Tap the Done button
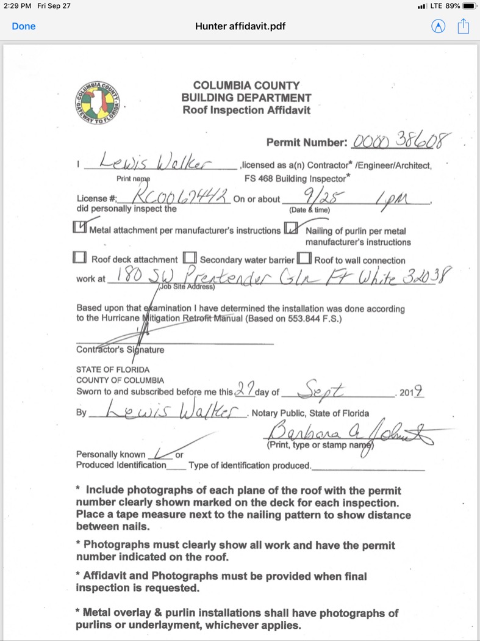coord(24,26)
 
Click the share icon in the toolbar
coord(464,26)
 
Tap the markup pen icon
coord(438,26)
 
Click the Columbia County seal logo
coord(98,103)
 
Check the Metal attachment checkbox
coord(79,227)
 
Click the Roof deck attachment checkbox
coord(79,258)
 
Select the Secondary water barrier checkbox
coord(190,258)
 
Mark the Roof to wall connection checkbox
coord(304,258)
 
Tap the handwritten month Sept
coord(326,388)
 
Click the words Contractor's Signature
coord(120,350)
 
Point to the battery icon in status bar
coord(469,5)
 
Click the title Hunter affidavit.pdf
coord(240,26)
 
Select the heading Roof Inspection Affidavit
coord(246,110)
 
